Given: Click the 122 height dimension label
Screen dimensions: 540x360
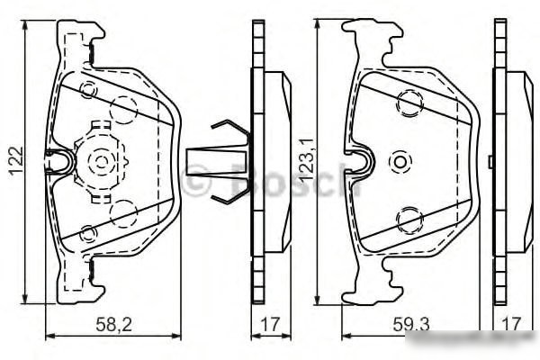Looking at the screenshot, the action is (x=16, y=161).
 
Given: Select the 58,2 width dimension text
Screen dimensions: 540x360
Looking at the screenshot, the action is (x=113, y=325).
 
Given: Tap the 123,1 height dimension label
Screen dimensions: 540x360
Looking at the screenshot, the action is (x=306, y=162).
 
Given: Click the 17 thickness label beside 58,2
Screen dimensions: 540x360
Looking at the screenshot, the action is (x=270, y=325).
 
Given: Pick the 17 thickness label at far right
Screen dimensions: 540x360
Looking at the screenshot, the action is (x=511, y=325).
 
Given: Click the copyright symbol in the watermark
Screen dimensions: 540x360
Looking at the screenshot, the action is (x=195, y=181).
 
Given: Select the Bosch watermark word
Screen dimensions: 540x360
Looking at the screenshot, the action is (x=295, y=179).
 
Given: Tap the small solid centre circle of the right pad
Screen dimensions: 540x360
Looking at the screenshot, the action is (x=400, y=161).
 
